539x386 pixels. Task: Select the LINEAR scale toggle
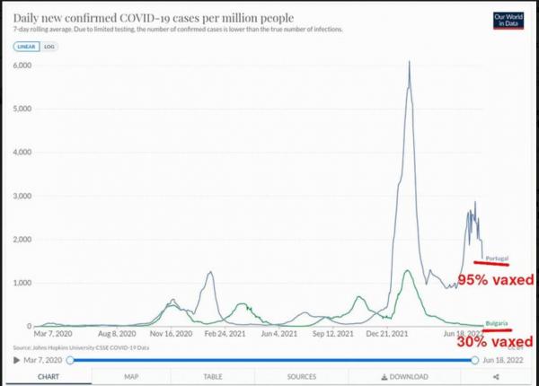[x=27, y=45]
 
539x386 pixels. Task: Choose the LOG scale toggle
[x=49, y=45]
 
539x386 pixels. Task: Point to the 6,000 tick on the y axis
[x=21, y=66]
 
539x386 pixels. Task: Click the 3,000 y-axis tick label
[x=21, y=196]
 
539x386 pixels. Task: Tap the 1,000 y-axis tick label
[x=21, y=283]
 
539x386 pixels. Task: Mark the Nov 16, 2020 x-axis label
[x=172, y=333]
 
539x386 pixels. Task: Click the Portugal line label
[x=497, y=259]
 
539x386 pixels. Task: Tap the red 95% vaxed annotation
[x=496, y=280]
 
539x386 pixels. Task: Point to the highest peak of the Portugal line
[x=410, y=62]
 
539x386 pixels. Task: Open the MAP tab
[x=131, y=377]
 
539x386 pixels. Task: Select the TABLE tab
[x=213, y=377]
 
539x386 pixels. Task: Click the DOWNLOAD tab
[x=404, y=377]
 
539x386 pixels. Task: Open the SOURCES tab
[x=302, y=377]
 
